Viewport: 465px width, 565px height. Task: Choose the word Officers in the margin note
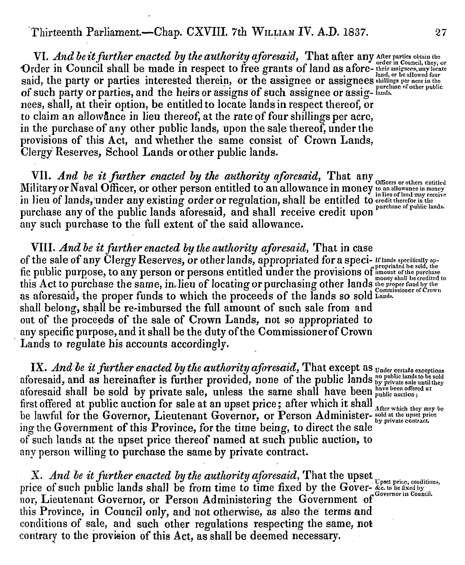click(386, 183)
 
